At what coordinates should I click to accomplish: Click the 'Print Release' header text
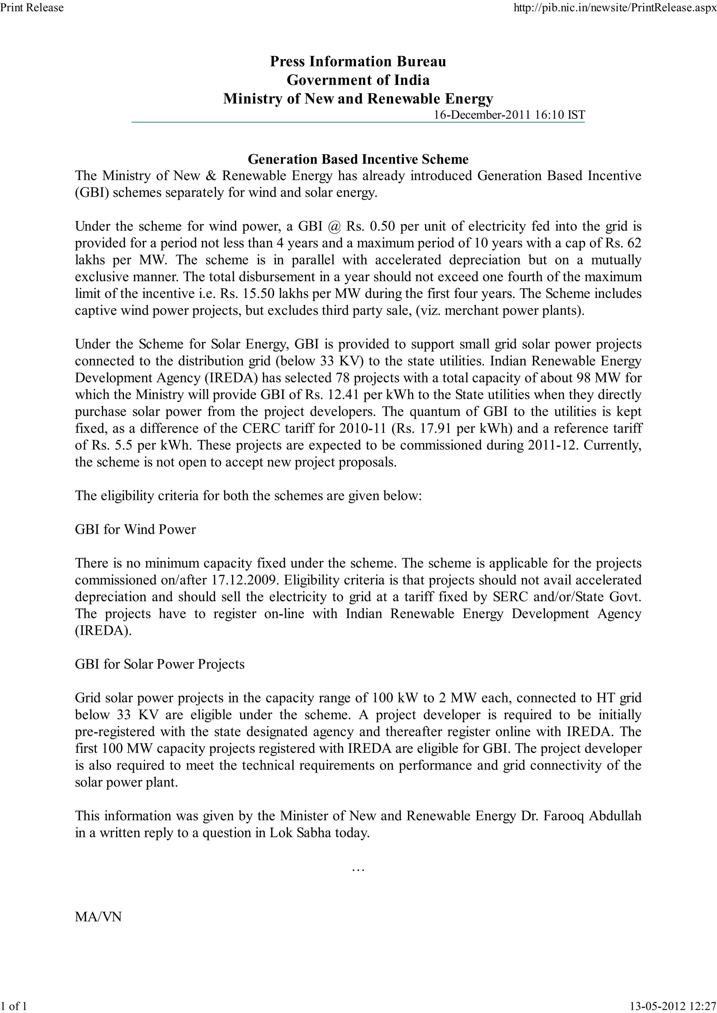32,7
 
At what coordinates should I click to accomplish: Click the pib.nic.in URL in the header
615,7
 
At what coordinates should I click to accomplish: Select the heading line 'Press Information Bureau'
358,61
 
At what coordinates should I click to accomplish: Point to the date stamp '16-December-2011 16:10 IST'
509,115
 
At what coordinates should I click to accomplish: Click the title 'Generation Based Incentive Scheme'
358,159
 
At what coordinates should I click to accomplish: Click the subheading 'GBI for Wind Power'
135,530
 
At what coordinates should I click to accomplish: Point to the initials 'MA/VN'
98,917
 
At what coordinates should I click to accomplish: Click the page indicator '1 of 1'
14,1006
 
